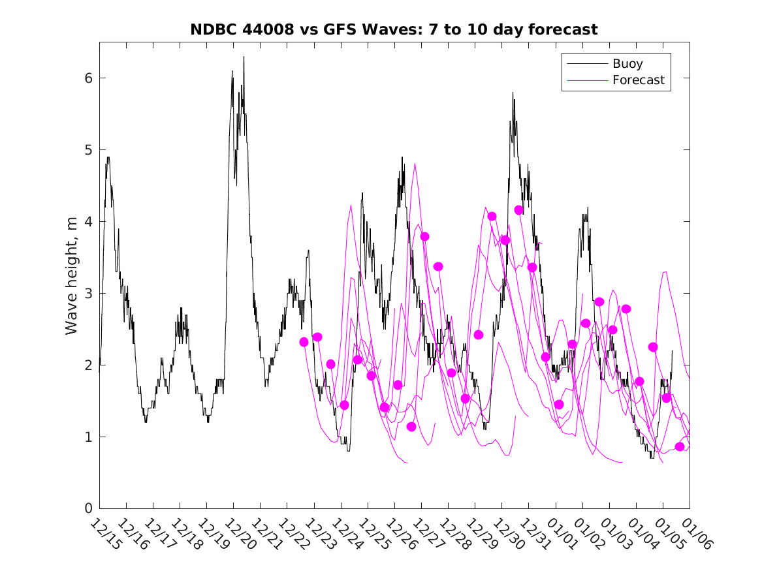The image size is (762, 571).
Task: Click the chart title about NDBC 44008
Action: pyautogui.click(x=394, y=29)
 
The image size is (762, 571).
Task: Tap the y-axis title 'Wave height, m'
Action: pyautogui.click(x=72, y=276)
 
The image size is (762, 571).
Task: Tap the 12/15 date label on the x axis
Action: pyautogui.click(x=106, y=533)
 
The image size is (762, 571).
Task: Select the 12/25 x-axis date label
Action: pyautogui.click(x=373, y=533)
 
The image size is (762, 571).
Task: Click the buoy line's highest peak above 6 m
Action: pyautogui.click(x=244, y=57)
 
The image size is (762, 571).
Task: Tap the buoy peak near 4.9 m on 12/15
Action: pyautogui.click(x=108, y=157)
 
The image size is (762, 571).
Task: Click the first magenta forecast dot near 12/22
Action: pyautogui.click(x=304, y=342)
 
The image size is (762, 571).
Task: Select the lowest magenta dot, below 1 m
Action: pyautogui.click(x=680, y=446)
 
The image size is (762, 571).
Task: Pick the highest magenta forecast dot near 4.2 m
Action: pyautogui.click(x=519, y=210)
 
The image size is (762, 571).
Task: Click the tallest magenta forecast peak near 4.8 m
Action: pyautogui.click(x=415, y=164)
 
